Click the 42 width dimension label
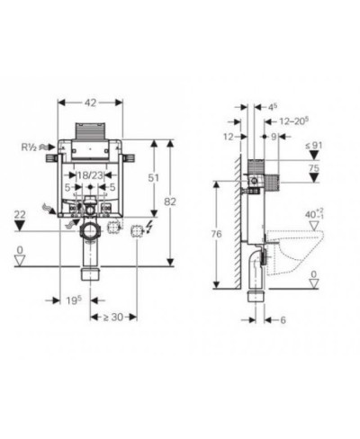(x=90, y=103)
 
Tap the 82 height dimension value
(x=170, y=202)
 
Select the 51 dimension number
(x=153, y=178)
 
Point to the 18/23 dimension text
(x=90, y=175)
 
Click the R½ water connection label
(x=29, y=147)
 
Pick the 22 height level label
(x=20, y=215)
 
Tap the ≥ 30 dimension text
(x=113, y=317)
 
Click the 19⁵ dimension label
(x=74, y=300)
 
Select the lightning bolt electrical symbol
(x=148, y=227)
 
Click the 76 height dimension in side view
(x=216, y=234)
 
